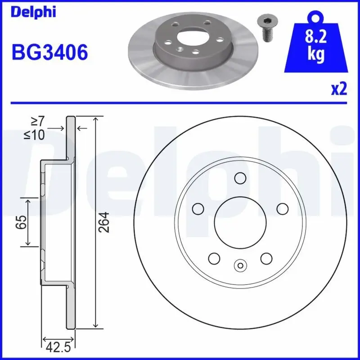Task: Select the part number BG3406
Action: point(49,53)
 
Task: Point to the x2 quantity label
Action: point(339,89)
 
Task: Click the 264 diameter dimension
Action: point(104,222)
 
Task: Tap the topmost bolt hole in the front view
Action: point(240,178)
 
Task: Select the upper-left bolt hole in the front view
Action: point(198,208)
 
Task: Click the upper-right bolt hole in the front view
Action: point(282,208)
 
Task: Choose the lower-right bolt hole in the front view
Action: point(266,258)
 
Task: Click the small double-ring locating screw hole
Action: point(240,265)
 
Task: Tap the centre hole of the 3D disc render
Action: point(189,37)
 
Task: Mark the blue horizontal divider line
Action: point(180,103)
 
